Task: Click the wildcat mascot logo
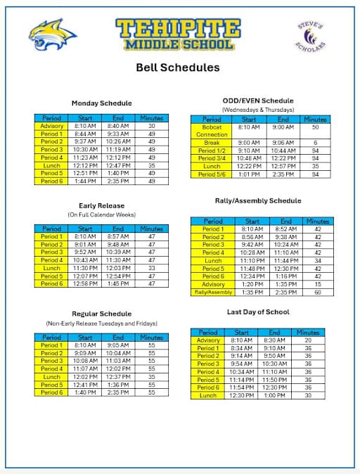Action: [x=53, y=36]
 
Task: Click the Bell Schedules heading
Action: [x=177, y=68]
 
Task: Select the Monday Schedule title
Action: [x=101, y=103]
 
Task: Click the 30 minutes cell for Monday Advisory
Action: [x=151, y=126]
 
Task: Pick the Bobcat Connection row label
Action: [x=212, y=131]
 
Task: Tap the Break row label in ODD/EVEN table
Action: [x=212, y=142]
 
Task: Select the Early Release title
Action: [x=101, y=205]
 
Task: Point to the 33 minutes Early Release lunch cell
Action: [x=151, y=268]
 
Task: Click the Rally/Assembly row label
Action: [x=213, y=292]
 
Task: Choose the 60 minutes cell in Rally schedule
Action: [x=317, y=292]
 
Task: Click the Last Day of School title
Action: [x=257, y=312]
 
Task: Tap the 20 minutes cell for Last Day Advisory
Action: [x=307, y=340]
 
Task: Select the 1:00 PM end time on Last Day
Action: [x=274, y=395]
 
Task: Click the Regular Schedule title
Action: [x=101, y=314]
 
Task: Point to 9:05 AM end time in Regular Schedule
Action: [x=118, y=345]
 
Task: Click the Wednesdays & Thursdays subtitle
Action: [x=257, y=110]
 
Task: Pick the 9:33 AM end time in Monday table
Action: [x=118, y=134]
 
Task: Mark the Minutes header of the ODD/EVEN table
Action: [x=316, y=120]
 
